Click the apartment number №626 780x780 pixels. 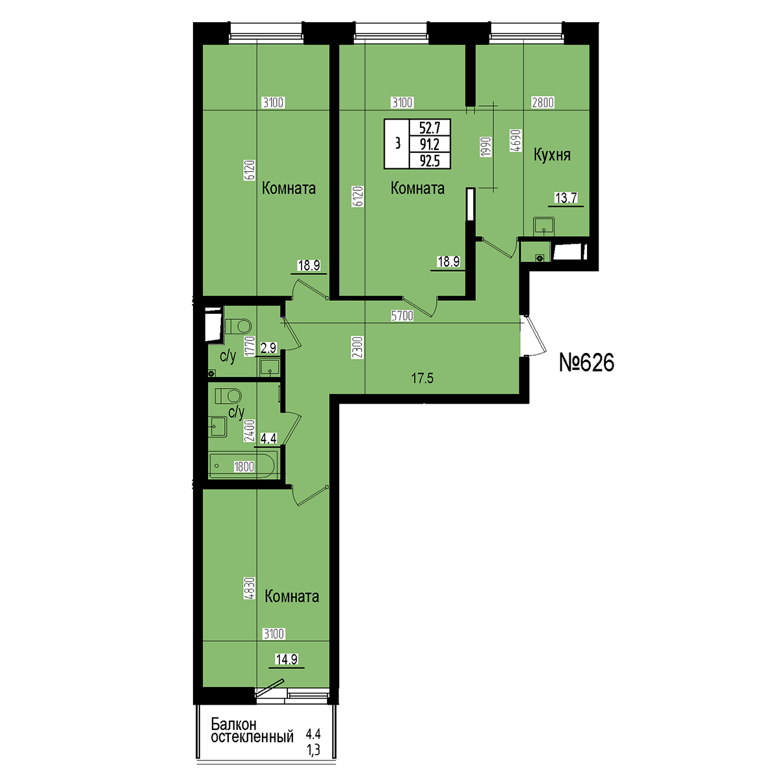(586, 362)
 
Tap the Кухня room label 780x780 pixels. (552, 155)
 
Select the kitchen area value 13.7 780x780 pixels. (566, 198)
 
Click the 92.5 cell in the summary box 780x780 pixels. (430, 161)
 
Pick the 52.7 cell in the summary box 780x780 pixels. (430, 128)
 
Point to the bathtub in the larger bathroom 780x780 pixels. (243, 465)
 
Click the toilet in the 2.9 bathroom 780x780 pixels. (238, 326)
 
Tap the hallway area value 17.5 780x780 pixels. (422, 378)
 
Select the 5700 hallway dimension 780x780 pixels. (402, 316)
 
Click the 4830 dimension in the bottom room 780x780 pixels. (250, 588)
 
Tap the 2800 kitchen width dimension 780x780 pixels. (542, 103)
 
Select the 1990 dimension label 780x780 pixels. (486, 147)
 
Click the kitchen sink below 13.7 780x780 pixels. (543, 225)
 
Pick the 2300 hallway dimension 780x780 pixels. (358, 348)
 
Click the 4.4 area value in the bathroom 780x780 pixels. (268, 438)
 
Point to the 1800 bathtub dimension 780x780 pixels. (244, 467)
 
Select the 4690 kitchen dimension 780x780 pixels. (516, 140)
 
